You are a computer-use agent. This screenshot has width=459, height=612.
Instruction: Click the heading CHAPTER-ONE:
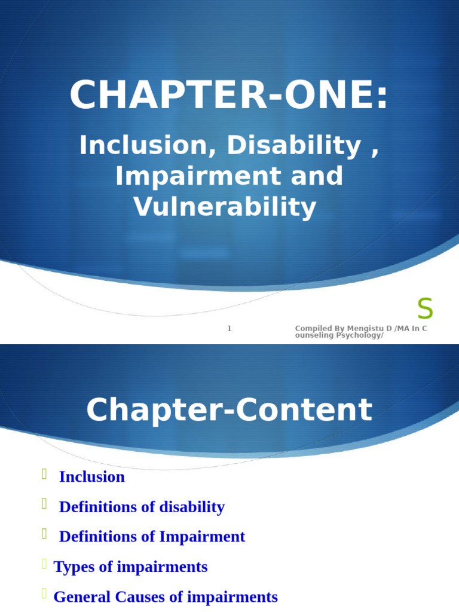click(x=229, y=96)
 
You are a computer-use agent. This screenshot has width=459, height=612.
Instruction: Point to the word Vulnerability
click(x=225, y=207)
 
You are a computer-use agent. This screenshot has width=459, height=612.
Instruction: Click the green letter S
click(x=425, y=309)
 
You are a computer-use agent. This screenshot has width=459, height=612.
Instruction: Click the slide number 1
click(x=229, y=328)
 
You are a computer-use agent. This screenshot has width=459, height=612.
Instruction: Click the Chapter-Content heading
click(x=229, y=410)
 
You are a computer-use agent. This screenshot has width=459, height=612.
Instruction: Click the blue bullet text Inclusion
click(x=92, y=477)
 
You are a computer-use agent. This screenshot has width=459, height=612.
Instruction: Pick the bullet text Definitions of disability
click(x=142, y=507)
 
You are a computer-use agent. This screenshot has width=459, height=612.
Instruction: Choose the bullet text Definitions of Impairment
click(x=152, y=537)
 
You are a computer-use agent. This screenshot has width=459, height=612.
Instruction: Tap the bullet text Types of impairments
click(x=130, y=567)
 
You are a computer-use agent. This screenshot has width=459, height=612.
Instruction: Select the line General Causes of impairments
click(x=166, y=596)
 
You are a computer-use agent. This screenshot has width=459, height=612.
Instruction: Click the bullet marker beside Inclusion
click(x=44, y=475)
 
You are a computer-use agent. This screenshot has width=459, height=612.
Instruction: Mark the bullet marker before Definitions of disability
click(x=44, y=504)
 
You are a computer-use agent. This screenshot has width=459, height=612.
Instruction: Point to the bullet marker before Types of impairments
click(x=44, y=564)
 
